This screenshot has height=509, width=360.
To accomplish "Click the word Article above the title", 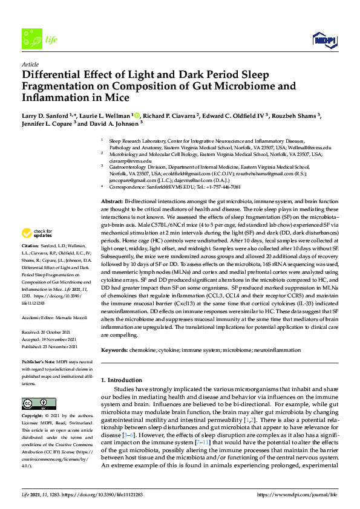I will tap(30, 63).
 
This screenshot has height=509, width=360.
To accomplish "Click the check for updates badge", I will tap(38, 233).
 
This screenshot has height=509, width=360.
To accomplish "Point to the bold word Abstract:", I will tap(112, 200).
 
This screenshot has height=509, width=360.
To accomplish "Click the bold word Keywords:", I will tap(115, 350).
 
